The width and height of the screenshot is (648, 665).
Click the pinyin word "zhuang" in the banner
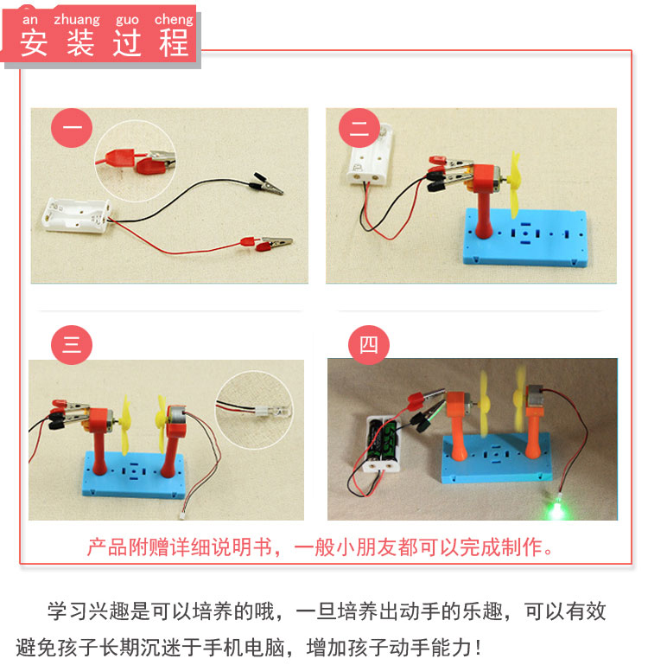(77, 21)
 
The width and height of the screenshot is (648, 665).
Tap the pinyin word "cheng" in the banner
(174, 21)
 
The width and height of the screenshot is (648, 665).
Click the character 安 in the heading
(34, 43)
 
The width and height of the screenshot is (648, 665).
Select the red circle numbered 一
(72, 128)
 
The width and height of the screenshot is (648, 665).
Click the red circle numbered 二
(359, 128)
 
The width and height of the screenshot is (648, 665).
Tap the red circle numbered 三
(72, 345)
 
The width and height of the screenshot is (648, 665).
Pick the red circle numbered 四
(369, 345)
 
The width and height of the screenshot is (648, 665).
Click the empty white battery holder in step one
(77, 215)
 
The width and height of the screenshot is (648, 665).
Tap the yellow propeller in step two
(515, 184)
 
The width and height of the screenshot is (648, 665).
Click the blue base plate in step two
(525, 238)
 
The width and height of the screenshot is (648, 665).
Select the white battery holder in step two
(370, 155)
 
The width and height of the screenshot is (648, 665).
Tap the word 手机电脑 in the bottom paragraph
(244, 648)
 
